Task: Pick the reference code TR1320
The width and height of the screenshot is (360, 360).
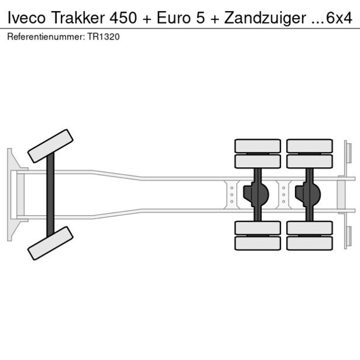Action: coord(104,37)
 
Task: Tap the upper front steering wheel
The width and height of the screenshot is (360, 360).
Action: coord(51,146)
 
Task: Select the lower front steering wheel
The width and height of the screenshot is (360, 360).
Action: coord(51,243)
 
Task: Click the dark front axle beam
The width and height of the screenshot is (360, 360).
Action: coord(51,195)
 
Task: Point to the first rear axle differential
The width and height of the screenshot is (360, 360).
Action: coord(257,194)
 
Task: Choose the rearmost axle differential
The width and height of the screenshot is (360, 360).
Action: coord(309,194)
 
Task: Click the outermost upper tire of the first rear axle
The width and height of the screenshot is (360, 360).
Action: coord(257,145)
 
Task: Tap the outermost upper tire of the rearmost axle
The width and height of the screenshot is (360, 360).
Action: coord(309,145)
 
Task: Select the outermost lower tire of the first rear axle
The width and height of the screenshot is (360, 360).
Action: coord(257,243)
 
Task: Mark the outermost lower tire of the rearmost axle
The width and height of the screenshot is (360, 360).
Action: coord(309,243)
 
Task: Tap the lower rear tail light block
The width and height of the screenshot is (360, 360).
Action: coord(347,236)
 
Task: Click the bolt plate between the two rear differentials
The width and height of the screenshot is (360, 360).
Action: coord(284,194)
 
